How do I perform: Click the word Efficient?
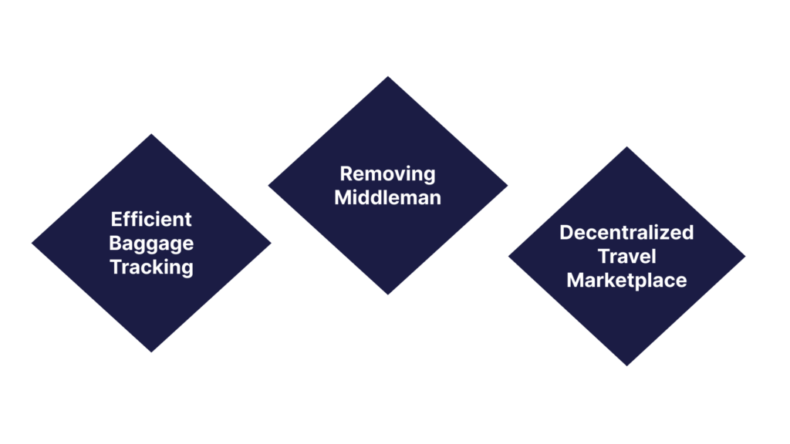151,219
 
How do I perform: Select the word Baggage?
151,244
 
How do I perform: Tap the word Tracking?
151,267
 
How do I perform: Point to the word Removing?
387,173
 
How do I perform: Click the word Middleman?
387,197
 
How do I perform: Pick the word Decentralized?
626,232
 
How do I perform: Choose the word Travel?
626,256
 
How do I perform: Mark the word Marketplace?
626,280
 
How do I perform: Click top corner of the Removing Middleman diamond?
387,76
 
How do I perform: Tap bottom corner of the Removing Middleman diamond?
387,294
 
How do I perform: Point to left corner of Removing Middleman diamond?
268,185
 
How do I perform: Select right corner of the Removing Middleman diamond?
507,185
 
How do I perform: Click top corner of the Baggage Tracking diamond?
151,135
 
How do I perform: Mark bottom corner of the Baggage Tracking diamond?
151,352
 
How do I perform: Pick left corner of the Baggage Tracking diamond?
32,244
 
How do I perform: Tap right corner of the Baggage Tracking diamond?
271,244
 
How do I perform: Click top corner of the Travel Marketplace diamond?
626,147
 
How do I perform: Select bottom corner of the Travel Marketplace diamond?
626,365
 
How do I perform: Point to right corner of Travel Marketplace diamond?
745,257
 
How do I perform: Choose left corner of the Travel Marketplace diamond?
508,257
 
